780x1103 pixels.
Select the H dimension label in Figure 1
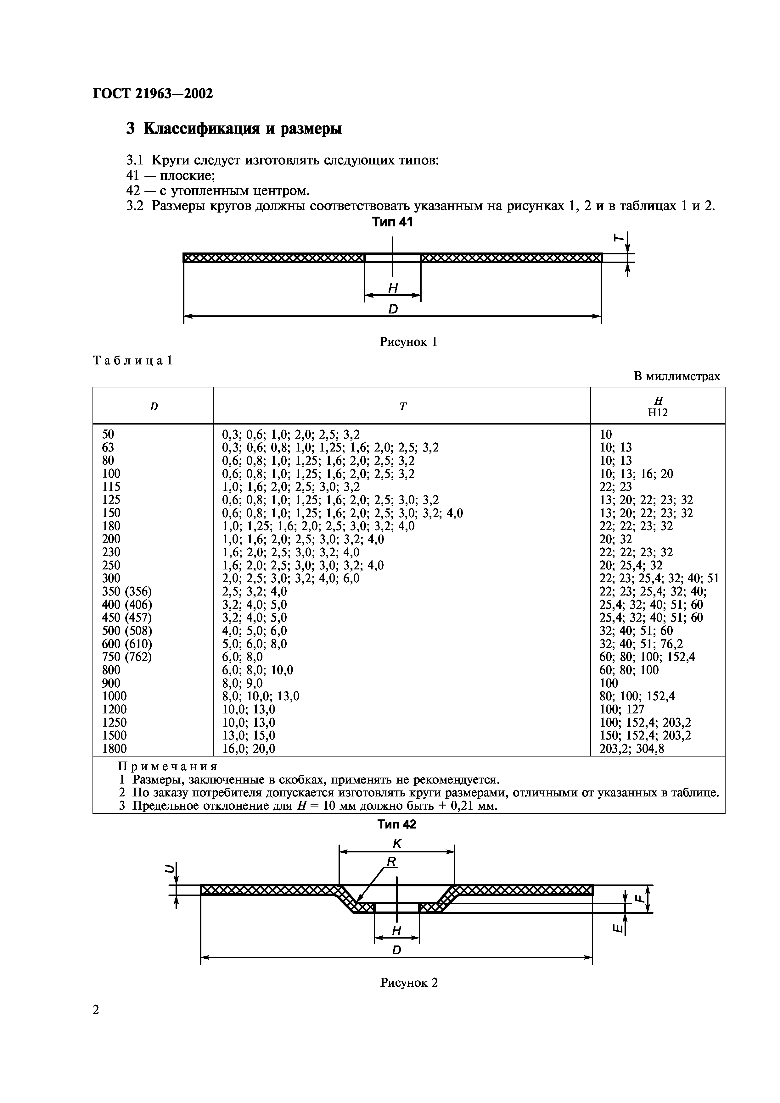click(393, 288)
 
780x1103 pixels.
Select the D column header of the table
click(153, 407)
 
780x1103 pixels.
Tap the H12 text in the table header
click(658, 413)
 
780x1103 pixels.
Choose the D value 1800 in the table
click(115, 748)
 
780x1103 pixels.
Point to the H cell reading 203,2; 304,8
click(631, 748)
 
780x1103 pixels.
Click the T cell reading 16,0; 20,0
click(249, 748)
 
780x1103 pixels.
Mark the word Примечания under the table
click(168, 766)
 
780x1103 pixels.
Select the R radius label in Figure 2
click(392, 862)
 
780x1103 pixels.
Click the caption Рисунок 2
click(409, 983)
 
